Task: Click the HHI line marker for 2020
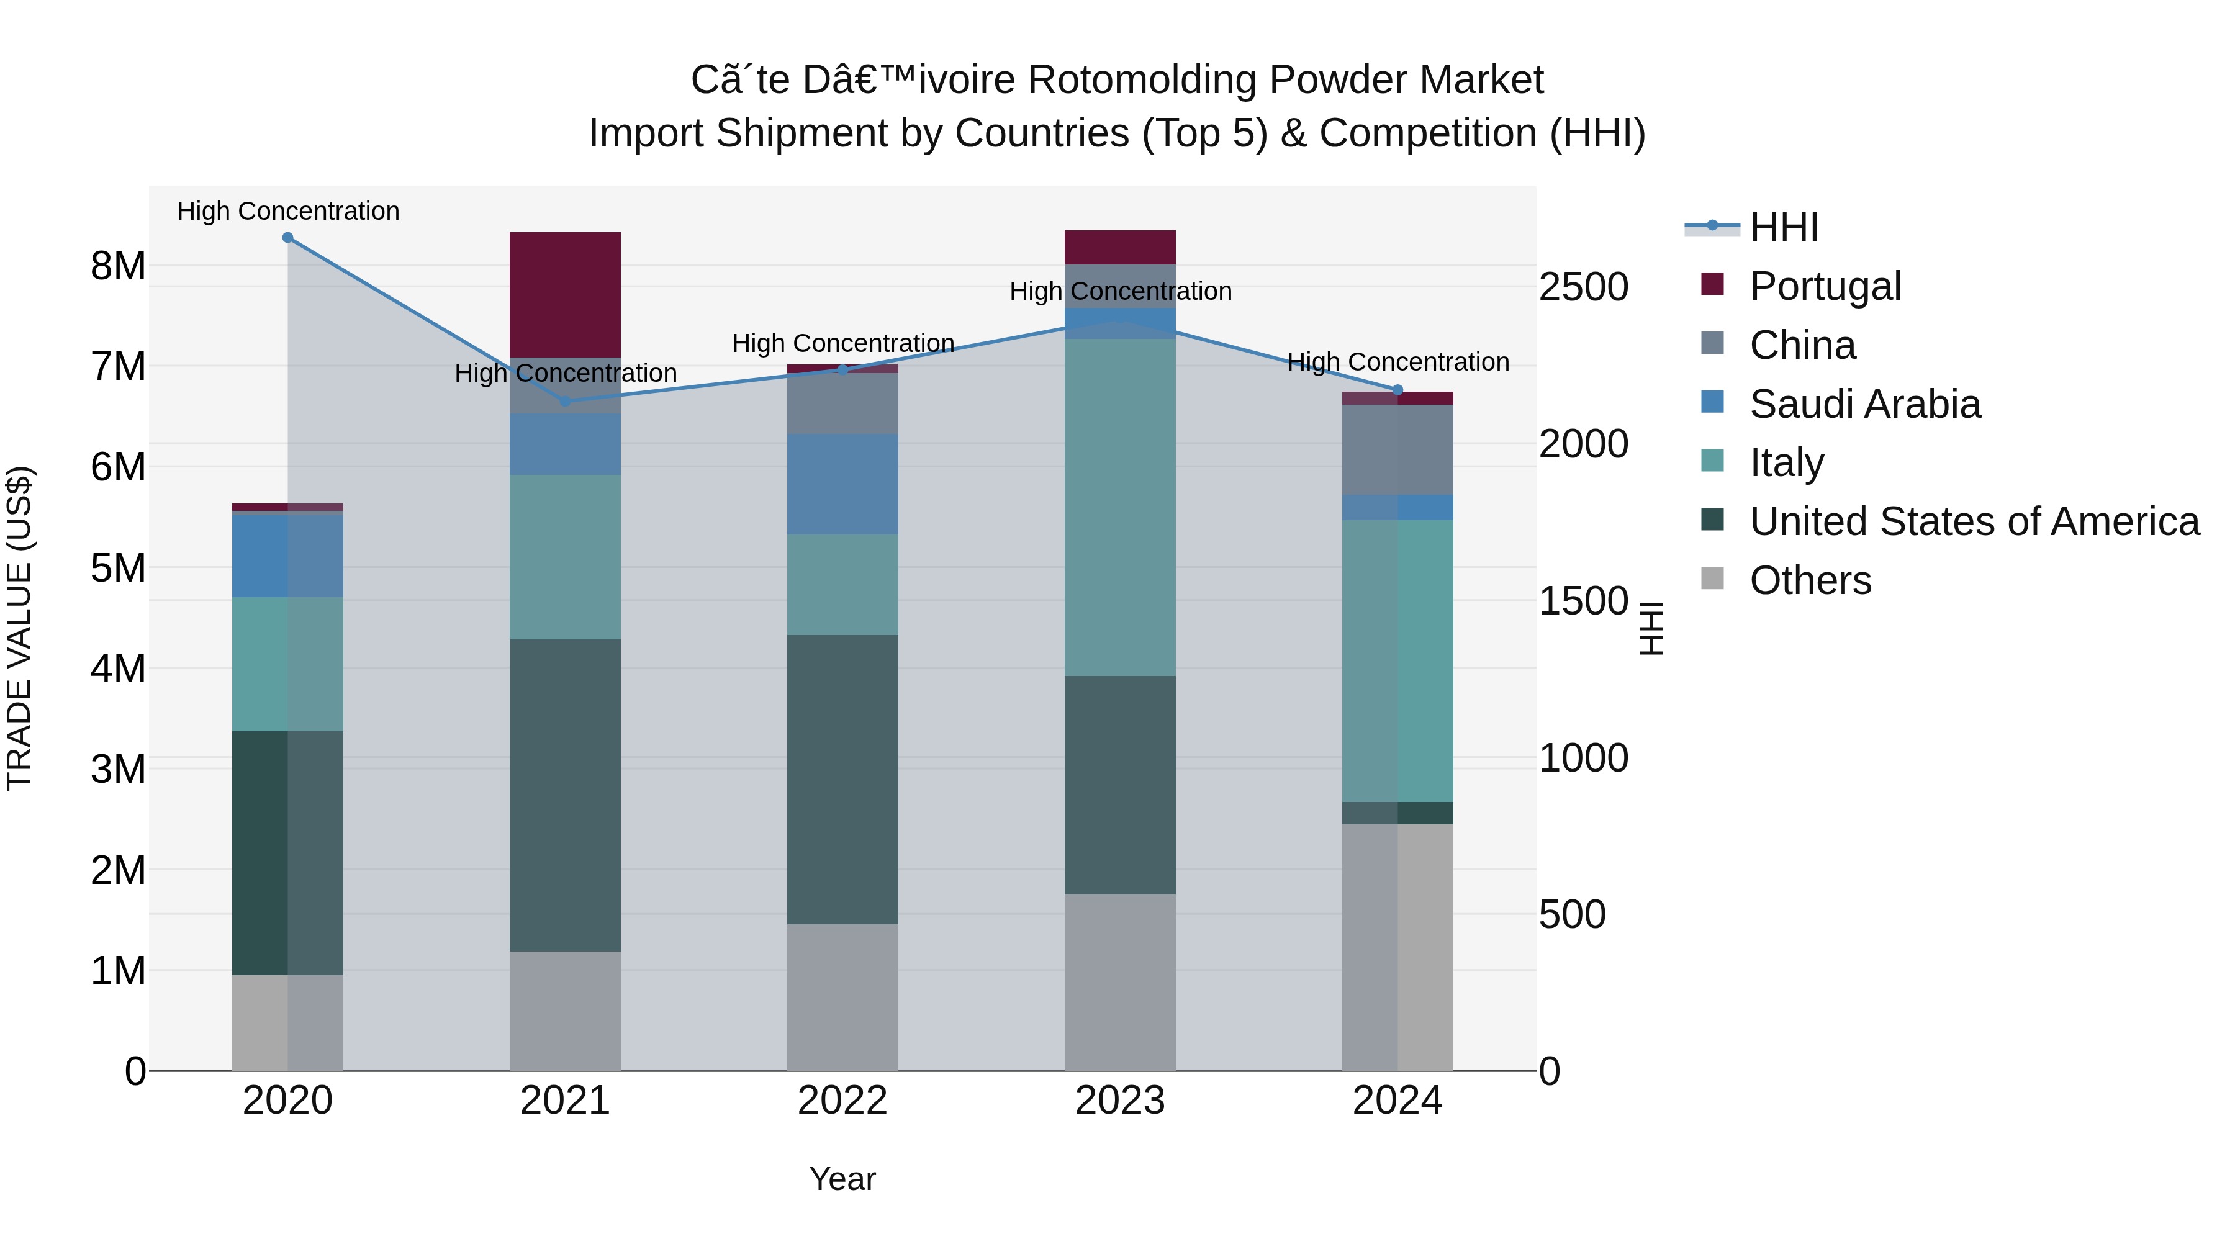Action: pyautogui.click(x=288, y=238)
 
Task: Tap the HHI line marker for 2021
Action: pyautogui.click(x=565, y=401)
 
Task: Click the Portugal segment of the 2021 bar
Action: pyautogui.click(x=565, y=295)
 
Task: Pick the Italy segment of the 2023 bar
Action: pyautogui.click(x=1119, y=508)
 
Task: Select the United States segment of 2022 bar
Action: pyautogui.click(x=842, y=779)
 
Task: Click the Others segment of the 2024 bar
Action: pyautogui.click(x=1397, y=947)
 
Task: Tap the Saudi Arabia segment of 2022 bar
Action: pyautogui.click(x=842, y=484)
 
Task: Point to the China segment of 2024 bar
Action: pyautogui.click(x=1397, y=449)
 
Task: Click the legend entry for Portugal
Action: pyautogui.click(x=1825, y=286)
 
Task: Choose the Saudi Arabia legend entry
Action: pyautogui.click(x=1864, y=404)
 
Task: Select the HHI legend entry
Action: pyautogui.click(x=1783, y=227)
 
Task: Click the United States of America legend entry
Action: pyautogui.click(x=1974, y=521)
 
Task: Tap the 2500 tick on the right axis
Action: pyautogui.click(x=1583, y=287)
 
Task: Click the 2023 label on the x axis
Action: pyautogui.click(x=1119, y=1101)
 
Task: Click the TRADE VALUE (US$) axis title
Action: pyautogui.click(x=19, y=628)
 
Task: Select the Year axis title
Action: pyautogui.click(x=842, y=1179)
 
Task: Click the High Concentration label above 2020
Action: pyautogui.click(x=288, y=211)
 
